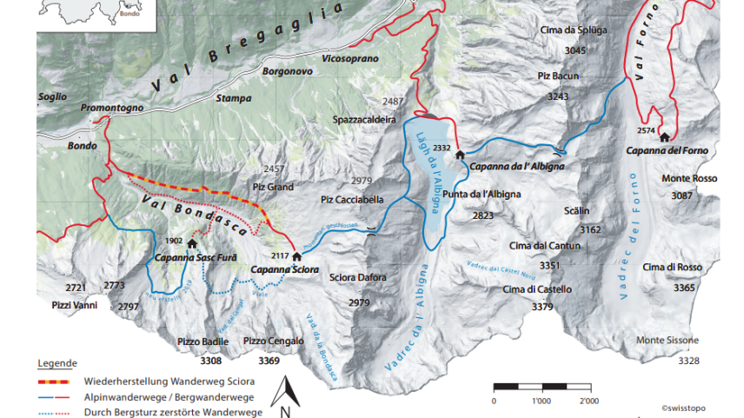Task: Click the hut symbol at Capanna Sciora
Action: pyautogui.click(x=296, y=257)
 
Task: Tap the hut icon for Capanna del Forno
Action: pyautogui.click(x=664, y=137)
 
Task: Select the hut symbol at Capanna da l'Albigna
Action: pyautogui.click(x=460, y=154)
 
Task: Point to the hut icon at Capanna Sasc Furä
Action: pyautogui.click(x=191, y=244)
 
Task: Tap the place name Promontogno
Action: pyautogui.click(x=111, y=108)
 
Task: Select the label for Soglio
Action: pyautogui.click(x=52, y=96)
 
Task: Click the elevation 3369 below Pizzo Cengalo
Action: pyautogui.click(x=269, y=360)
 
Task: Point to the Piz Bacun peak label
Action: pyautogui.click(x=558, y=76)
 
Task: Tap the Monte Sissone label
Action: pyautogui.click(x=667, y=340)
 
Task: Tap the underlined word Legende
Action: pyautogui.click(x=57, y=362)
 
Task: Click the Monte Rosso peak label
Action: pyautogui.click(x=688, y=178)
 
